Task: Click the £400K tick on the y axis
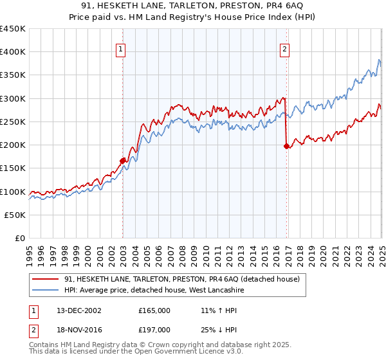[13, 51]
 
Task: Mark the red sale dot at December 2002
[122, 161]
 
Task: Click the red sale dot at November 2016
[286, 147]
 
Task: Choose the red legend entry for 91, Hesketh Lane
[182, 279]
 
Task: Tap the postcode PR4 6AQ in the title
[274, 6]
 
